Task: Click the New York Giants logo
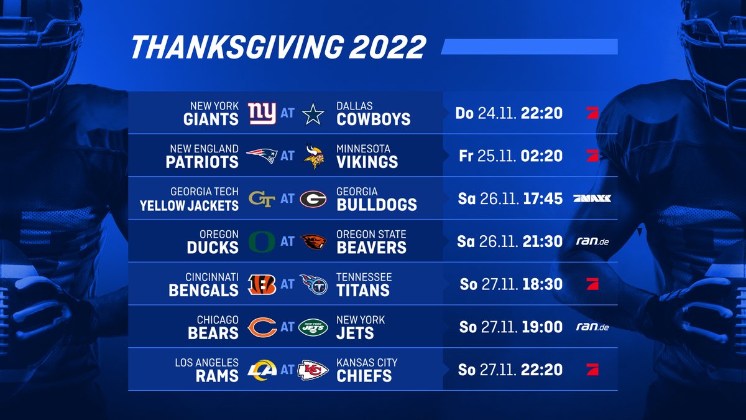[262, 113]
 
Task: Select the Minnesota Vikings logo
[313, 156]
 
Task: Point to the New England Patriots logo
[262, 156]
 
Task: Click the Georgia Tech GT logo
[262, 198]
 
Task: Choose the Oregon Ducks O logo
[262, 241]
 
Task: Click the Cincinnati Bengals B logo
[262, 284]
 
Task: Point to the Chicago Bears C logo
[262, 327]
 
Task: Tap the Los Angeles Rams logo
[262, 370]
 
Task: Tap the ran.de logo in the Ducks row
[591, 241]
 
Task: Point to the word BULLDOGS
[377, 205]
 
